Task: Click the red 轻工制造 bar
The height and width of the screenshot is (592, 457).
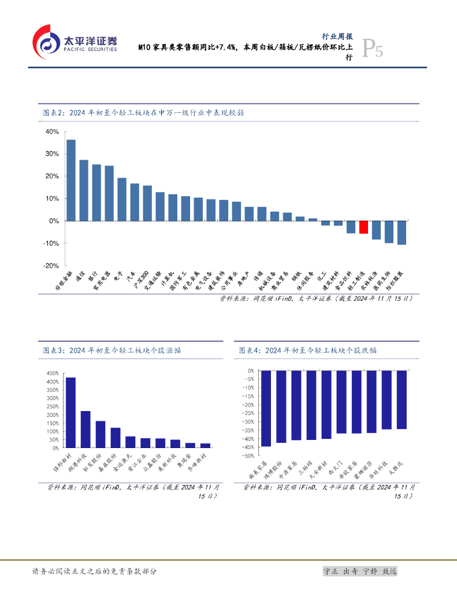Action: [x=363, y=227]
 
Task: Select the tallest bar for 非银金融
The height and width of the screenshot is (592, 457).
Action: [x=71, y=180]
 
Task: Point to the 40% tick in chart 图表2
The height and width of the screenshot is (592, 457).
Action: [x=51, y=132]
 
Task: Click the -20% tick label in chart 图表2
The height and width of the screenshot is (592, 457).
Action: [x=50, y=265]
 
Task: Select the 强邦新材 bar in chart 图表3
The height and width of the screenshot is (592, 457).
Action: [x=70, y=412]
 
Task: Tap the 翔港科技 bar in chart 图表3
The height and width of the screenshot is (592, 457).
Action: [x=86, y=429]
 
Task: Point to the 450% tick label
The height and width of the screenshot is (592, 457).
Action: [x=51, y=373]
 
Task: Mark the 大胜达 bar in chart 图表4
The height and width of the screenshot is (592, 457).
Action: [x=402, y=399]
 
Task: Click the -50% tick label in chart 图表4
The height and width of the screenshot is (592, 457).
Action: [x=248, y=456]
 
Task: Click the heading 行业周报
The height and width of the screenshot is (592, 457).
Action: [x=337, y=36]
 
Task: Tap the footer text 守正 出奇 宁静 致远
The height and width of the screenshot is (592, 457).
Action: [x=359, y=571]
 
